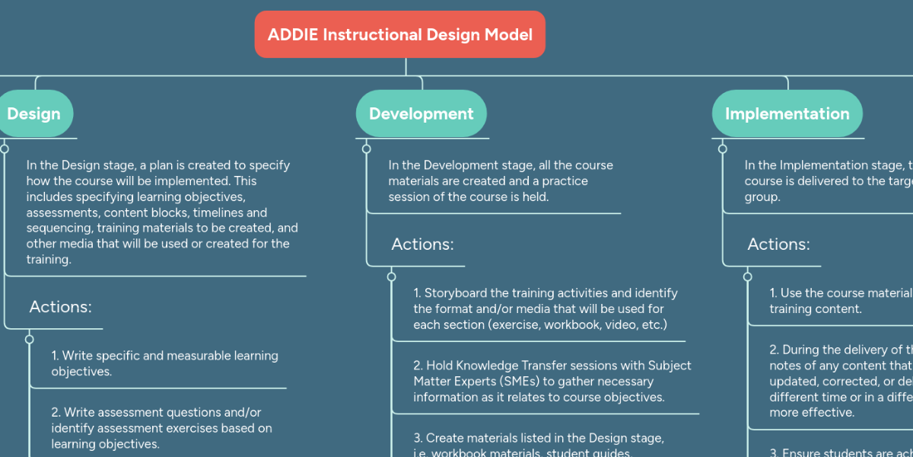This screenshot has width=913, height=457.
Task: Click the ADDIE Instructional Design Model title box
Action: click(399, 34)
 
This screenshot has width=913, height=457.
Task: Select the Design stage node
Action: click(33, 113)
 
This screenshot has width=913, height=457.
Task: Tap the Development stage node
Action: click(421, 113)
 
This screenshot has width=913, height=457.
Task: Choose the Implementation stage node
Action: click(787, 113)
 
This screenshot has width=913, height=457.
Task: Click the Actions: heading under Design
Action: click(60, 307)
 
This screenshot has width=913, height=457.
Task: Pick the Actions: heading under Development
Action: click(422, 244)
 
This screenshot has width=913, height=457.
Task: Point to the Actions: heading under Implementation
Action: click(778, 244)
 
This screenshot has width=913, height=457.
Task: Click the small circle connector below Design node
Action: click(5, 149)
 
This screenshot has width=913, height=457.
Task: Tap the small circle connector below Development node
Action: click(367, 149)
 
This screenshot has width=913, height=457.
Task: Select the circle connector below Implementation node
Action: click(723, 149)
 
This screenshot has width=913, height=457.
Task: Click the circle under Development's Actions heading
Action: click(392, 276)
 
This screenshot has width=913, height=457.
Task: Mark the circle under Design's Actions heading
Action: click(30, 339)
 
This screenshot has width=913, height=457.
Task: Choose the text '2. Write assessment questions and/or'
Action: click(156, 412)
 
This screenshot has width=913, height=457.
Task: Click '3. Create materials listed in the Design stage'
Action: click(539, 438)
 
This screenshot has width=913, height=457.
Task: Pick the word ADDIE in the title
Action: click(292, 34)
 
